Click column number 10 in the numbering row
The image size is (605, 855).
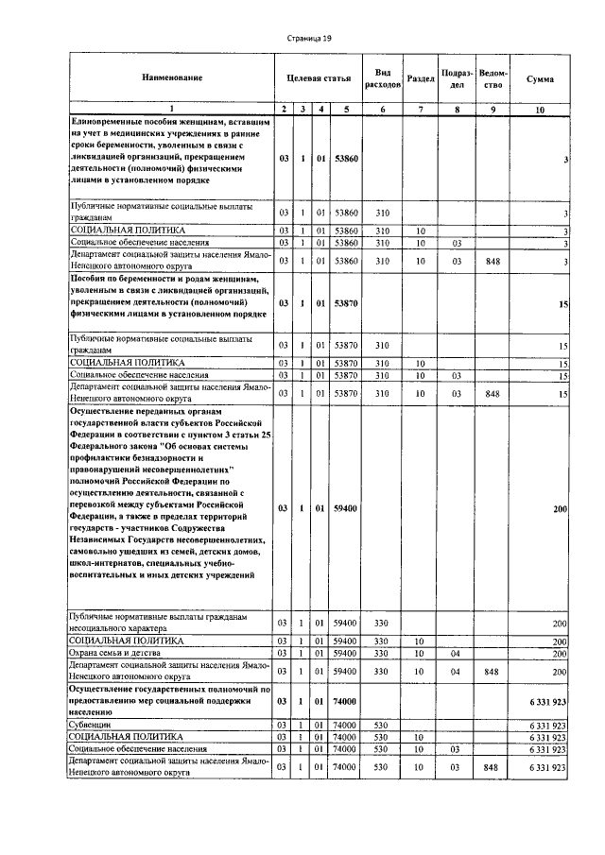pos(540,110)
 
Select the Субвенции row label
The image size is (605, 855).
pos(86,726)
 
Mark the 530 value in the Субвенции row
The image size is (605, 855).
pos(383,726)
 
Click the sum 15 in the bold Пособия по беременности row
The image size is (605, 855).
pos(562,303)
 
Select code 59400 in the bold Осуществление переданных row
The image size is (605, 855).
pos(346,509)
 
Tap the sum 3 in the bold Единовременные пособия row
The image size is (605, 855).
pos(564,161)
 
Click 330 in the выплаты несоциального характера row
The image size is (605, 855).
pos(383,624)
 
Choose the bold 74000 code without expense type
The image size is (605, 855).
pos(346,702)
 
